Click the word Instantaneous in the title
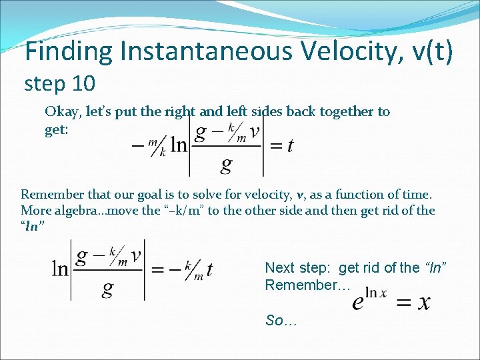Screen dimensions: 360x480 click(221, 52)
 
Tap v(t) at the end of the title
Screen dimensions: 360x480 click(427, 52)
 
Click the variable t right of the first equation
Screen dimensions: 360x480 click(289, 147)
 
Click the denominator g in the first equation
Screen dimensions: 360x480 click(226, 164)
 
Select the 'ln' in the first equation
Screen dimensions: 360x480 click(179, 146)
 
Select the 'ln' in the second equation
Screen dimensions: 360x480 click(61, 269)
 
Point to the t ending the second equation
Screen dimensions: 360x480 click(209, 269)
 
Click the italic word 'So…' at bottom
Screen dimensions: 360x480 click(281, 321)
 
